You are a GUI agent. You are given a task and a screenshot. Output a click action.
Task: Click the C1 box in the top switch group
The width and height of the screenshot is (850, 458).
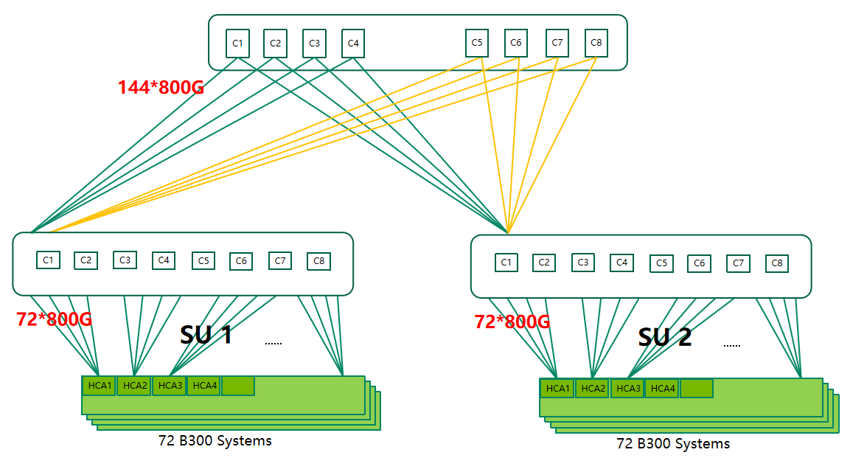pyautogui.click(x=237, y=44)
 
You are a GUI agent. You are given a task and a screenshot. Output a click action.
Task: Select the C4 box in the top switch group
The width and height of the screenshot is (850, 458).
pyautogui.click(x=353, y=44)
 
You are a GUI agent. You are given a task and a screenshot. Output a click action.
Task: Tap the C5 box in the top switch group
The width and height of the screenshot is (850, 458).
pyautogui.click(x=477, y=43)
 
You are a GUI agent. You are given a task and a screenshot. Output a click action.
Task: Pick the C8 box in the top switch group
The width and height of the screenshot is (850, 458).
pyautogui.click(x=596, y=43)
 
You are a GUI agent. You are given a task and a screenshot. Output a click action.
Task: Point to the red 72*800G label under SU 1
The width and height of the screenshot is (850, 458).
pyautogui.click(x=54, y=320)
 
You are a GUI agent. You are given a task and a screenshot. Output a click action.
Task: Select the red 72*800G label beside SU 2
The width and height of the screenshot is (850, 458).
pyautogui.click(x=512, y=322)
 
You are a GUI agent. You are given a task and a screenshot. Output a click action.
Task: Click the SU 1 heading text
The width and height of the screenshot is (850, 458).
pyautogui.click(x=206, y=335)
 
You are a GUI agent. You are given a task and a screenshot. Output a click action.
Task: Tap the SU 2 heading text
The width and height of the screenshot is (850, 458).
pyautogui.click(x=665, y=337)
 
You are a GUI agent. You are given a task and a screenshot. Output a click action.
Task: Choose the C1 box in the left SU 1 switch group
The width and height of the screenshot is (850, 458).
pyautogui.click(x=48, y=260)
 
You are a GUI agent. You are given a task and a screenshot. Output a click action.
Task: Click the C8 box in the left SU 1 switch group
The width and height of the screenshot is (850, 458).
pyautogui.click(x=318, y=261)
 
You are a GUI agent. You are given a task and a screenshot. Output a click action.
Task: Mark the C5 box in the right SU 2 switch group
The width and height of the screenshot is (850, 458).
pyautogui.click(x=661, y=263)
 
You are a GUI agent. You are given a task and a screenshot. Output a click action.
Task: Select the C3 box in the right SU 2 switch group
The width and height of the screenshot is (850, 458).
pyautogui.click(x=583, y=263)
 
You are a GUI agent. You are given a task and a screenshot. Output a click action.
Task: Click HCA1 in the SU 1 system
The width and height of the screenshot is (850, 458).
pyautogui.click(x=99, y=386)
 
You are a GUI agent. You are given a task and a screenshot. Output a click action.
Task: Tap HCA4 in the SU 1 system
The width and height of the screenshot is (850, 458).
pyautogui.click(x=203, y=386)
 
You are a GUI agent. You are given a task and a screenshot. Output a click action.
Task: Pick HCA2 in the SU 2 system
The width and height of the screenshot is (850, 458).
pyautogui.click(x=593, y=389)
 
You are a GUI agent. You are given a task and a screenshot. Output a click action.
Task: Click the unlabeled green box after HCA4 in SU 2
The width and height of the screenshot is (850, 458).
pyautogui.click(x=697, y=389)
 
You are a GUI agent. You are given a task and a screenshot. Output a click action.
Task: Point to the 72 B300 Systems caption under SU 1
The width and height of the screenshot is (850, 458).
pyautogui.click(x=215, y=441)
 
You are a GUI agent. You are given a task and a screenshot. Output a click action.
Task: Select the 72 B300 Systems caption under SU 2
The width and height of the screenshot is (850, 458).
pyautogui.click(x=673, y=444)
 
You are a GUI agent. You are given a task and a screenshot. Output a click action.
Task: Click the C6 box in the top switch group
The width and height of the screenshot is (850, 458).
pyautogui.click(x=516, y=43)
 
